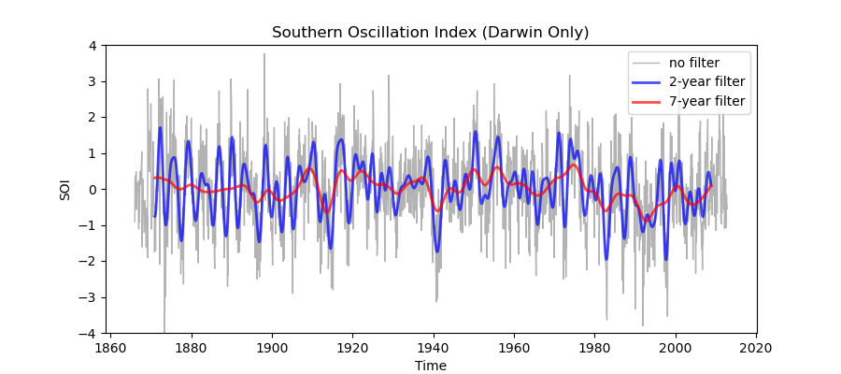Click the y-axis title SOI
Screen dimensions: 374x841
pyautogui.click(x=64, y=189)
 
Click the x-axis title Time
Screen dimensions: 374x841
pyautogui.click(x=430, y=366)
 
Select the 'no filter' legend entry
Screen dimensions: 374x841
pyautogui.click(x=694, y=63)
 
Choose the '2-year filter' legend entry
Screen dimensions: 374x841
pyautogui.click(x=706, y=81)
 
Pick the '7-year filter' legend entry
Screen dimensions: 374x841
pyautogui.click(x=706, y=100)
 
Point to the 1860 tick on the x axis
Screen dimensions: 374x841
pyautogui.click(x=110, y=346)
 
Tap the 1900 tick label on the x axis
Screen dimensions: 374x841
pyautogui.click(x=272, y=346)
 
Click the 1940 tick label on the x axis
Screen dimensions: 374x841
pyautogui.click(x=434, y=346)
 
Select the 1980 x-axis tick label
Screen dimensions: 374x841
pyautogui.click(x=594, y=346)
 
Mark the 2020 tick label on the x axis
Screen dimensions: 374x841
pyautogui.click(x=756, y=346)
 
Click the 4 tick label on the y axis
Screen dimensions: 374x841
pyautogui.click(x=93, y=45)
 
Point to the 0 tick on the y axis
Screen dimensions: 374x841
pyautogui.click(x=93, y=189)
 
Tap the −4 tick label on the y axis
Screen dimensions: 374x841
pyautogui.click(x=90, y=333)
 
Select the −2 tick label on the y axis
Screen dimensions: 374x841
pyautogui.click(x=90, y=261)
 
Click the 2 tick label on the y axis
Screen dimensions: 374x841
pyautogui.click(x=93, y=117)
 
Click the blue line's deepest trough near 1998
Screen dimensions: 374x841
pyautogui.click(x=666, y=260)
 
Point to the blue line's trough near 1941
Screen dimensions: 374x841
pyautogui.click(x=436, y=252)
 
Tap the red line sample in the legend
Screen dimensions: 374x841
pyautogui.click(x=647, y=100)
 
